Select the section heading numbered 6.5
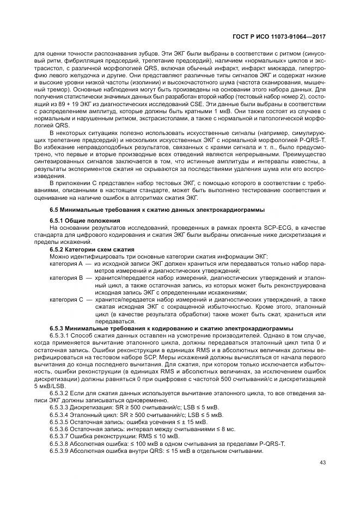(157, 210)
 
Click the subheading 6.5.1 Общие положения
(84, 220)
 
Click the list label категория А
(65, 263)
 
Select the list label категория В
(65, 277)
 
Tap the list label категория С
(65, 299)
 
